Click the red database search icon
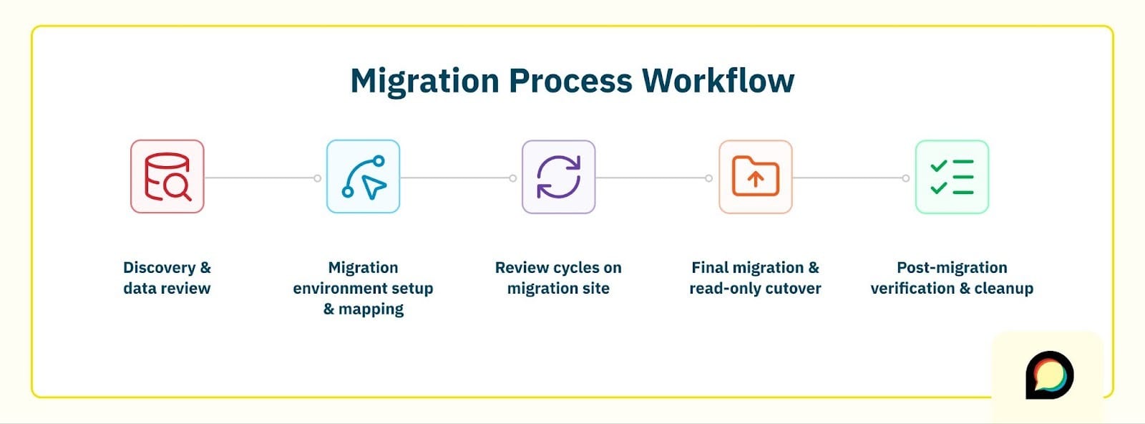pyautogui.click(x=167, y=177)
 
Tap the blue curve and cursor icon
pyautogui.click(x=364, y=177)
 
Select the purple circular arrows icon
pyautogui.click(x=559, y=177)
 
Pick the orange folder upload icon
pyautogui.click(x=756, y=177)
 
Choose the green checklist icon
pyautogui.click(x=952, y=177)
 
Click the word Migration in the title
pyautogui.click(x=424, y=81)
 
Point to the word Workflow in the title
pyautogui.click(x=718, y=81)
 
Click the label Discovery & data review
pyautogui.click(x=167, y=278)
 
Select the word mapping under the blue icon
pyautogui.click(x=371, y=309)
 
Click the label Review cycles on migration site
pyautogui.click(x=558, y=278)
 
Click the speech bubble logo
pyautogui.click(x=1049, y=375)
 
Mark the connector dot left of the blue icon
pyautogui.click(x=318, y=178)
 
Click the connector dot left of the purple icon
pyautogui.click(x=513, y=178)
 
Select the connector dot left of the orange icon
pyautogui.click(x=709, y=178)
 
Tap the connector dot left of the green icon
pyautogui.click(x=906, y=178)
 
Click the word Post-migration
pyautogui.click(x=952, y=268)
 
